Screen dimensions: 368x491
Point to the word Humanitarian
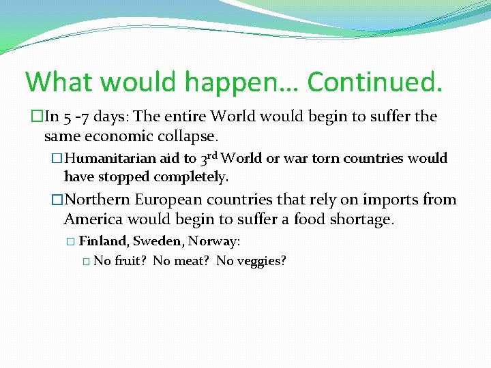coord(112,159)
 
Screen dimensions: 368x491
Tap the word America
coord(93,219)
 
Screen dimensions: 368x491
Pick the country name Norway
coord(213,241)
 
